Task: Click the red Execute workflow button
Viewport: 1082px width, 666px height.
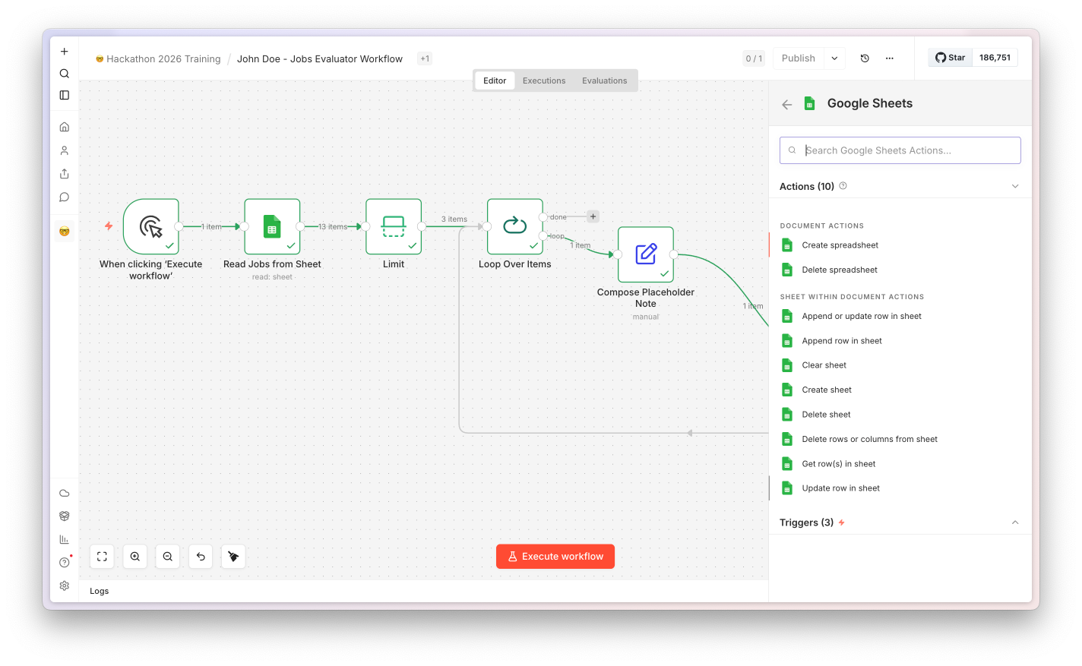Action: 555,557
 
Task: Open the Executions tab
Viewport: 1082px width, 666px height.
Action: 544,80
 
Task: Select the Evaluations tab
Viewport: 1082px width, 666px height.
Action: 604,80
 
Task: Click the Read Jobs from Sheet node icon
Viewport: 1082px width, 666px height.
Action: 272,226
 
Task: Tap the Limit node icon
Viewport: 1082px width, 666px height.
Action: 393,226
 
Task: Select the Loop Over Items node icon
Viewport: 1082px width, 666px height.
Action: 514,226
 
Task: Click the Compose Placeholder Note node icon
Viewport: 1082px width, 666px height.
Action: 645,254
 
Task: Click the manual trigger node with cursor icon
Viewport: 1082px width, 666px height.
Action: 150,226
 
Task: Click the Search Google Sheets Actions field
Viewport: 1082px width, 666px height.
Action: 900,150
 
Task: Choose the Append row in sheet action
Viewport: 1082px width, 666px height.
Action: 841,341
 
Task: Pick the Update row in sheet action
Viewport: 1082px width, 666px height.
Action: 840,488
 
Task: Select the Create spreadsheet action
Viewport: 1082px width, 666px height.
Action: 840,245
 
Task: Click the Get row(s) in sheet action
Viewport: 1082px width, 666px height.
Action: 838,464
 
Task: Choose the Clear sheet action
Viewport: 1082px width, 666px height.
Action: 824,365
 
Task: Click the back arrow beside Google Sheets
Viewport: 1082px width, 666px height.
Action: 787,104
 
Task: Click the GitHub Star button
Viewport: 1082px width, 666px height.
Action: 950,58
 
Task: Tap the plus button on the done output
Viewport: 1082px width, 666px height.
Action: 593,216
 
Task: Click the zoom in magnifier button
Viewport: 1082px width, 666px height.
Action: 134,557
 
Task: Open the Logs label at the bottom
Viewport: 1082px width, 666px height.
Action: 99,591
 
